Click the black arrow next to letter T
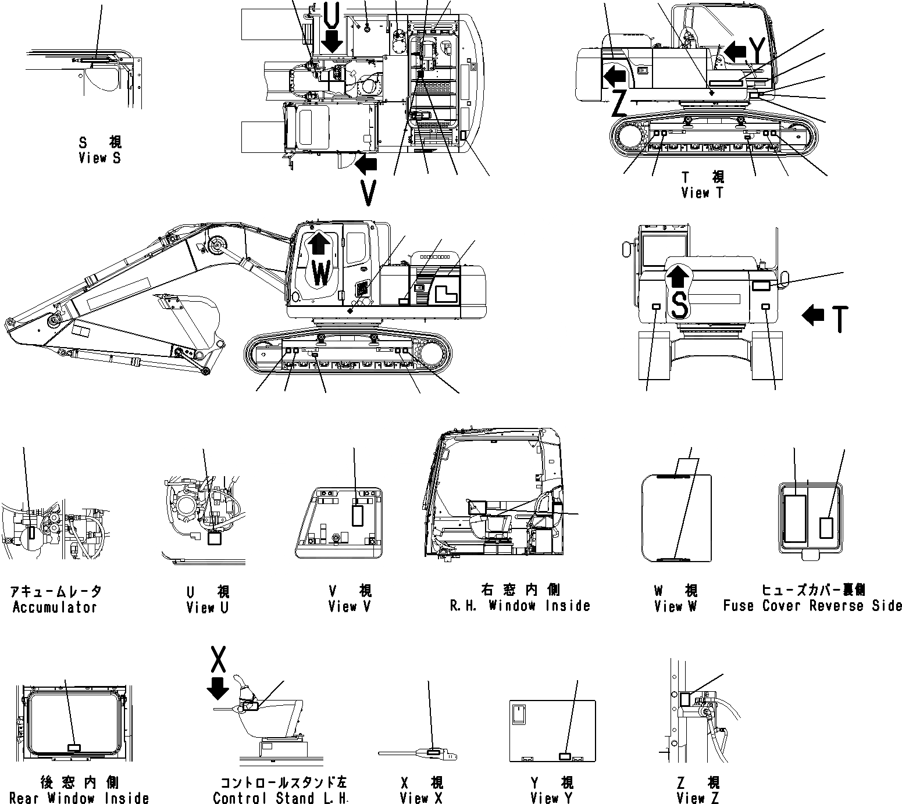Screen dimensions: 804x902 812,316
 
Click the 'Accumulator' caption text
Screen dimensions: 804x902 55,608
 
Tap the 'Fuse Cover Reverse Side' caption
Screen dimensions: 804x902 812,606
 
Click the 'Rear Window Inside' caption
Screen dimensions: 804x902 79,798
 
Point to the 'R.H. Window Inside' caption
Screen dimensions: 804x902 520,606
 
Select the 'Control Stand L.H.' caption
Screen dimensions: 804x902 280,798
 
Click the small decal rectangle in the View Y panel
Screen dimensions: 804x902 564,756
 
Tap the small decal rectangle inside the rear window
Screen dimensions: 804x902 74,748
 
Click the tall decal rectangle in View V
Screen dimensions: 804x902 357,515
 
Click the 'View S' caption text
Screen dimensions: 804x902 100,158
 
